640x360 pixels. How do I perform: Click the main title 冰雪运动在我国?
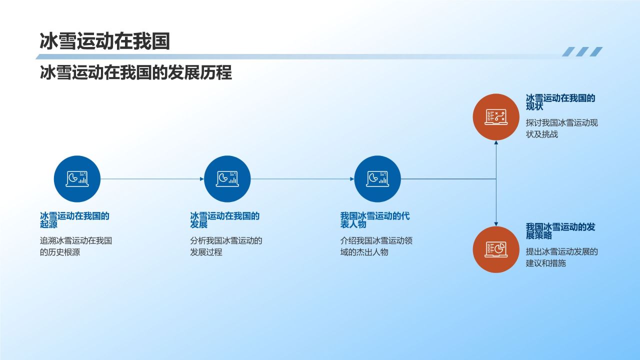pos(104,41)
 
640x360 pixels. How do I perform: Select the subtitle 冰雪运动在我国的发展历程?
pos(135,72)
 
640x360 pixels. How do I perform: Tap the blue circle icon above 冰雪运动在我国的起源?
pos(77,178)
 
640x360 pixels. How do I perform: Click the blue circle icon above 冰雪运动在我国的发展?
pos(227,178)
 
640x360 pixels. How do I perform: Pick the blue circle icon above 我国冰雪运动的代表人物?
pos(377,178)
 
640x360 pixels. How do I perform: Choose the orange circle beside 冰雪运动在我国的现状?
pos(496,117)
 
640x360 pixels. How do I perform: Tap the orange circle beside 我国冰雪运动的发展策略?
pos(496,249)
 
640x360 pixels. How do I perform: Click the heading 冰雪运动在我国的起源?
pos(74,220)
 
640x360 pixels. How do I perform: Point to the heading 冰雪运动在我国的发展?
pos(224,220)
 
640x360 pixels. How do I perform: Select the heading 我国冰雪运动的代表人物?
pos(375,220)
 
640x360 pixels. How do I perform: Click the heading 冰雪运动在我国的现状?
pos(560,102)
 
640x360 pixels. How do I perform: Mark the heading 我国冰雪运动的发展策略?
pos(560,230)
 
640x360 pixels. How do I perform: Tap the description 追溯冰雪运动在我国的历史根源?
pos(76,246)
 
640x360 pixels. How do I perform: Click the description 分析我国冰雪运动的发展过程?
pos(226,246)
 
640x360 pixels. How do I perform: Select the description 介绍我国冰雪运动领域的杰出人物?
pos(376,246)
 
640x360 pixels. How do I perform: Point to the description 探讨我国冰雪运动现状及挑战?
pos(561,128)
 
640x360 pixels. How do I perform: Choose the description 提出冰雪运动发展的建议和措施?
pos(561,257)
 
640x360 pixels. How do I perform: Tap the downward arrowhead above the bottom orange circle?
pos(496,223)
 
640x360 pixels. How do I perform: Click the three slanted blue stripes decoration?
pos(582,51)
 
